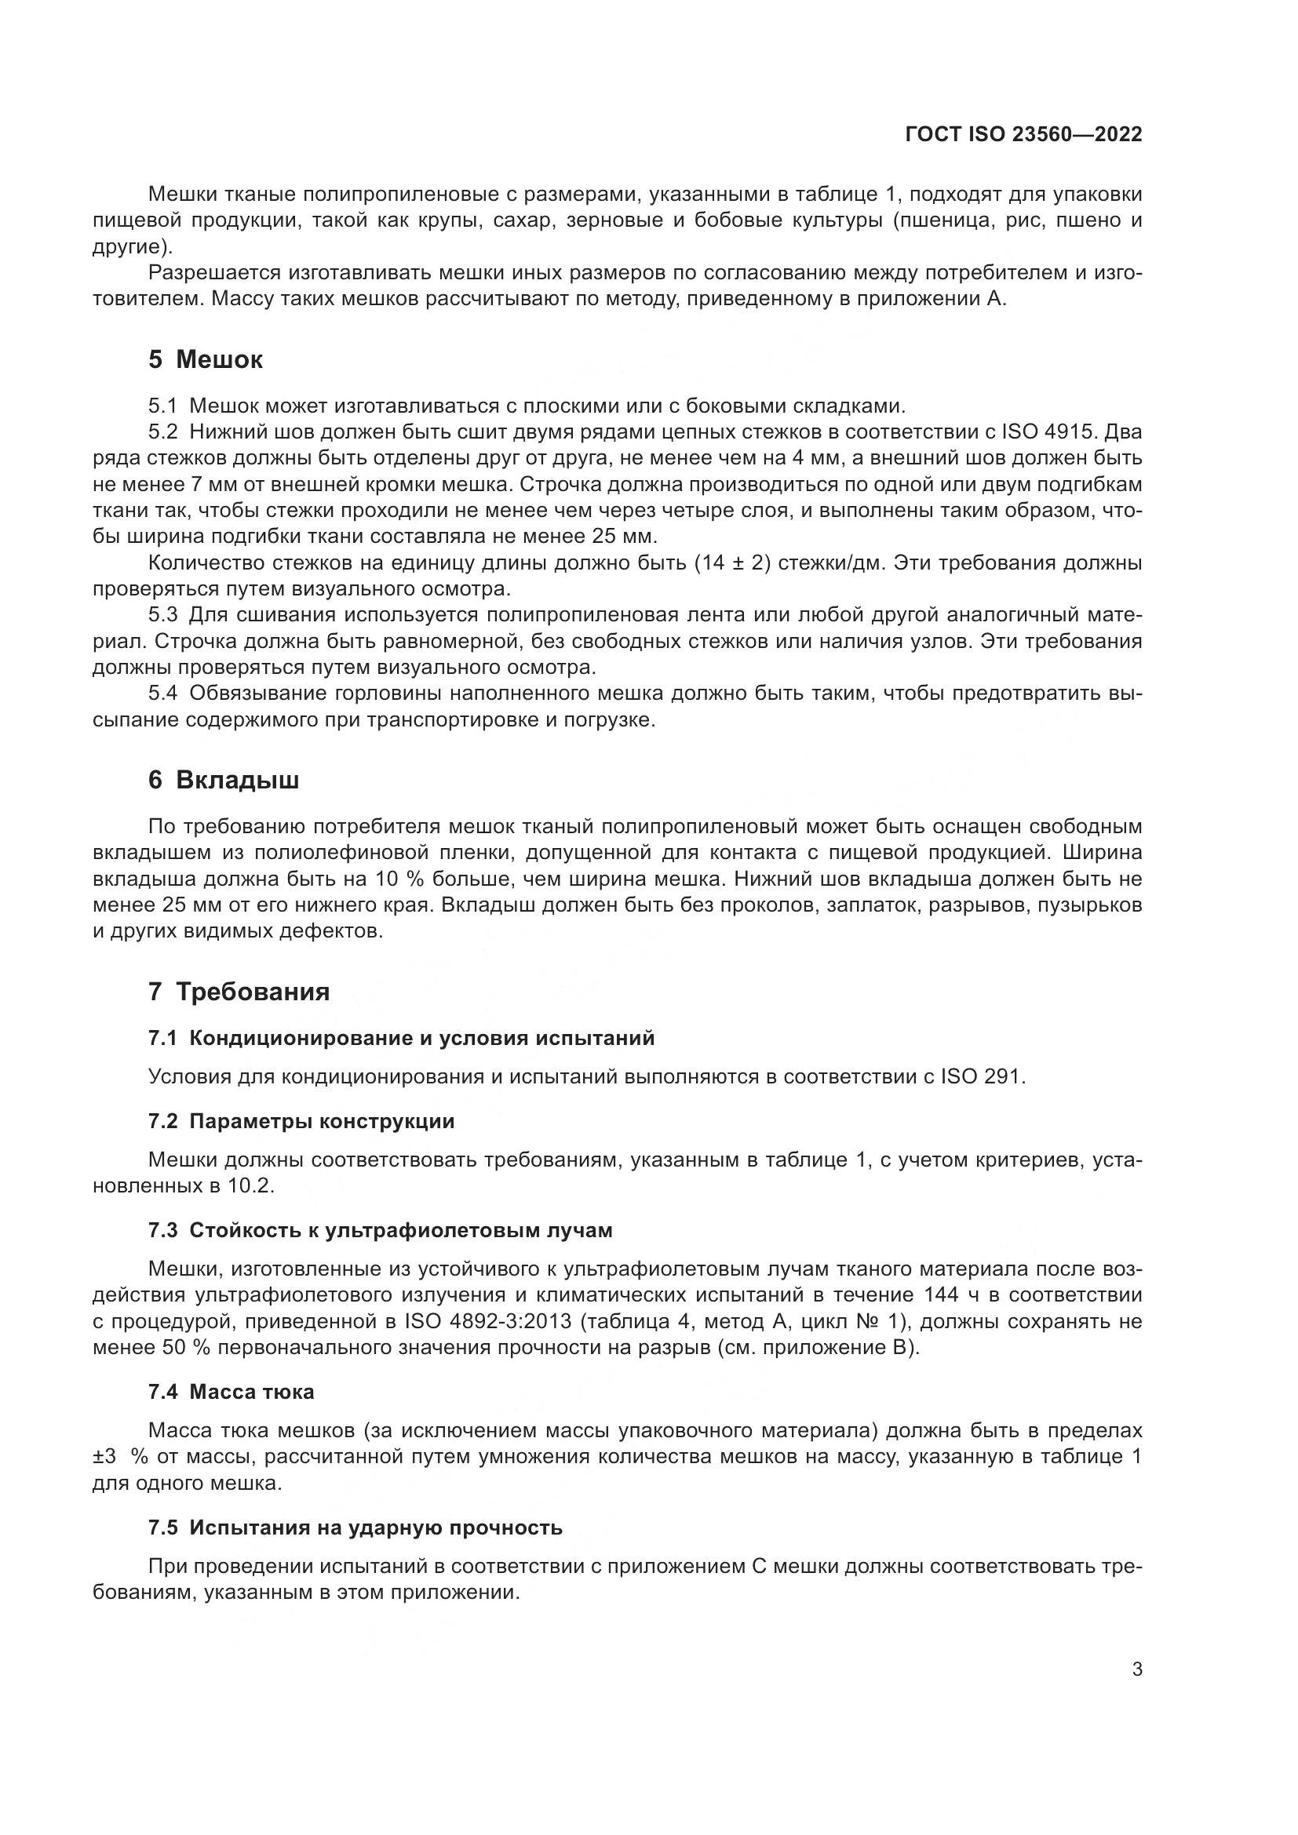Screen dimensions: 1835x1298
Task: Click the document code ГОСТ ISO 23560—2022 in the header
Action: [x=1023, y=135]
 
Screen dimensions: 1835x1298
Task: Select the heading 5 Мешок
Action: [x=205, y=359]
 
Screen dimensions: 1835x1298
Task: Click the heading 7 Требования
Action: [x=239, y=992]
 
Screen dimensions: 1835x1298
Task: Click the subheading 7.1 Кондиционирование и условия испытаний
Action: [x=401, y=1038]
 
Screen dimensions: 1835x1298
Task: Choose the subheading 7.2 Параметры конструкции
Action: [x=301, y=1121]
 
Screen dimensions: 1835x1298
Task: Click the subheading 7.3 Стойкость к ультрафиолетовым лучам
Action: [x=381, y=1230]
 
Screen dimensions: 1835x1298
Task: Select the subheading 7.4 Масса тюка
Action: [x=231, y=1392]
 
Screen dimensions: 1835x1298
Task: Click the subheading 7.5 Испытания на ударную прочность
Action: [x=355, y=1527]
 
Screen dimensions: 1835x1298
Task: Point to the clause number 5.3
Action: [x=163, y=614]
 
